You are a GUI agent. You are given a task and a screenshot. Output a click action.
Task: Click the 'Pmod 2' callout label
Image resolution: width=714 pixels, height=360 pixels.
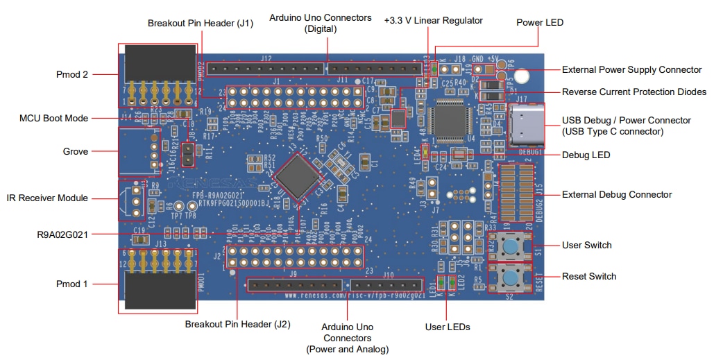[71, 74]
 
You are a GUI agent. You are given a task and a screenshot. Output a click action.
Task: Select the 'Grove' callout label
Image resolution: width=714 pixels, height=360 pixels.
[76, 151]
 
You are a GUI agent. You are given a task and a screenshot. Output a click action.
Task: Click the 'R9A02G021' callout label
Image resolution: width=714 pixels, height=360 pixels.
[63, 233]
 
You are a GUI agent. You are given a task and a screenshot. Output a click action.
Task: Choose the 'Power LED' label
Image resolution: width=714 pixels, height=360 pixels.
[540, 22]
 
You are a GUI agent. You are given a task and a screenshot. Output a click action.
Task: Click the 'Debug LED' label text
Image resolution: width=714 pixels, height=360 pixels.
[586, 155]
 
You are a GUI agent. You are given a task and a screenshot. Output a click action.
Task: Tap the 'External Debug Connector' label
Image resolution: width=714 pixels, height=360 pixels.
[616, 194]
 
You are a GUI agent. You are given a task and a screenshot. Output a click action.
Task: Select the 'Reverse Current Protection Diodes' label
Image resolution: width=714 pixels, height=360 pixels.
[634, 92]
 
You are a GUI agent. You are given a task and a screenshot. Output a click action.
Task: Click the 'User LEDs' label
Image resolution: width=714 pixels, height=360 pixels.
[448, 327]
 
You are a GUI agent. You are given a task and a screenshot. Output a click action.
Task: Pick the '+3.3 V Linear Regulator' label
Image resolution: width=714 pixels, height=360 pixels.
[434, 21]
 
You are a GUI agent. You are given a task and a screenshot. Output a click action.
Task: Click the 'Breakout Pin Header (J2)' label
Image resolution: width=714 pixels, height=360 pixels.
[237, 324]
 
